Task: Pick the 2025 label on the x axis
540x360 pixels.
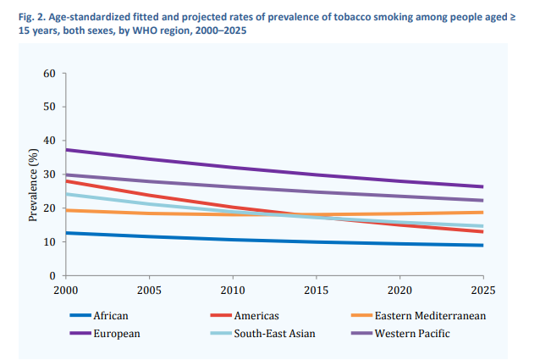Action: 483,289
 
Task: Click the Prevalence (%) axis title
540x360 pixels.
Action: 34,174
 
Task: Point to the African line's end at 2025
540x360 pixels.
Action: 483,246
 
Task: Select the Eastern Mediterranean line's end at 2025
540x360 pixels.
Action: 483,213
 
